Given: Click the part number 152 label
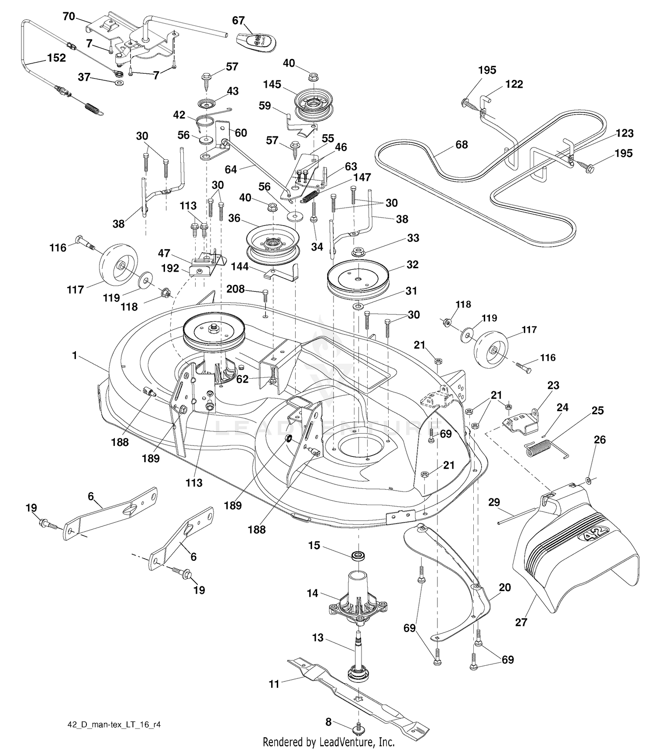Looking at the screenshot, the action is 57,57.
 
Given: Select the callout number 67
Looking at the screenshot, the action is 238,21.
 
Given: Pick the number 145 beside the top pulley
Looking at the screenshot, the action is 272,84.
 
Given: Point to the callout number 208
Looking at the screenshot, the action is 236,288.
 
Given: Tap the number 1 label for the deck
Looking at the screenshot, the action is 75,355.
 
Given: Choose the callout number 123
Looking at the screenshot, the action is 625,133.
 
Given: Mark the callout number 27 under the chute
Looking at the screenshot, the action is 521,622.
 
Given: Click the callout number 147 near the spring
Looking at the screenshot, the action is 362,177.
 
